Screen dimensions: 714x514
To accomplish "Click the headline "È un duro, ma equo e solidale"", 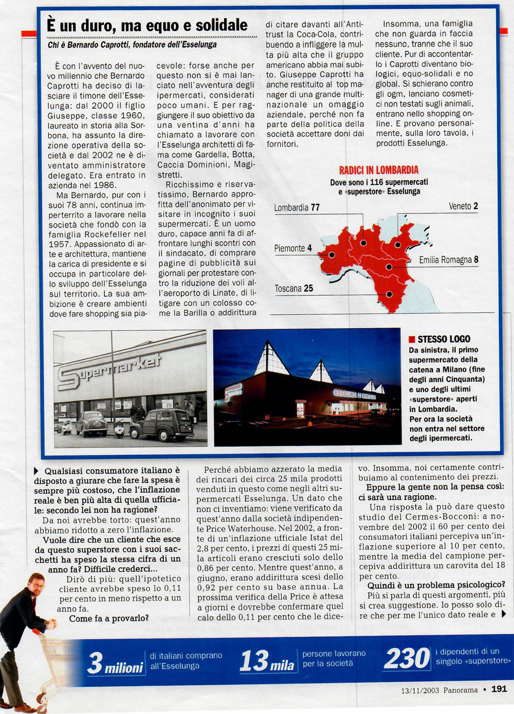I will pos(147,25).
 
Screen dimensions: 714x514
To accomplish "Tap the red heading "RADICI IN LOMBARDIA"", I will pos(378,170).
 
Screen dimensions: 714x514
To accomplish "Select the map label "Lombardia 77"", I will pos(297,208).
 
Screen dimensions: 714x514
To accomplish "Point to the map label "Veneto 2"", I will pos(463,206).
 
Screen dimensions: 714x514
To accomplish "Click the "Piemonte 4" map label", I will pos(292,248).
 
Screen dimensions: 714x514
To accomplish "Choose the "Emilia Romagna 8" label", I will pos(448,260).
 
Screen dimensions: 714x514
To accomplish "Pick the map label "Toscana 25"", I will pos(293,289).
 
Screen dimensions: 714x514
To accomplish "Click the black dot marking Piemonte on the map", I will pos(332,255).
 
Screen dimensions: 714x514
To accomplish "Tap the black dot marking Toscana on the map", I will pos(389,294).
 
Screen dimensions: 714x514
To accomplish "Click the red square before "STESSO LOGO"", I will pos(412,340).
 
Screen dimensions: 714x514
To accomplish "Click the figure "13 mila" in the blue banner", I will pos(267,662).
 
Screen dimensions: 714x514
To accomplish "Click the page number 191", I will pos(499,689).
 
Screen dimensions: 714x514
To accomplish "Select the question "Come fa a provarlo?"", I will pos(109,618).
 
